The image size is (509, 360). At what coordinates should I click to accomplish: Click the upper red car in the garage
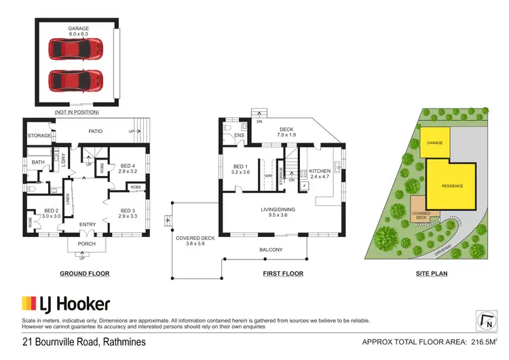(x=75, y=49)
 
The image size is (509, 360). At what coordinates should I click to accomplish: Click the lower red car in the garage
(x=75, y=81)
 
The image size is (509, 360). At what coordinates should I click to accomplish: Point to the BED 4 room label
(x=129, y=168)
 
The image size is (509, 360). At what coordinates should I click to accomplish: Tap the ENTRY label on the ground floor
(x=88, y=224)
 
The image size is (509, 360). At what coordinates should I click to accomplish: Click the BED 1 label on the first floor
(x=242, y=170)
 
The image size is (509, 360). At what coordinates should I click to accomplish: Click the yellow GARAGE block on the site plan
(x=434, y=143)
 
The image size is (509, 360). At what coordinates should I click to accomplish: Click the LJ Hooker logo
(x=67, y=303)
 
